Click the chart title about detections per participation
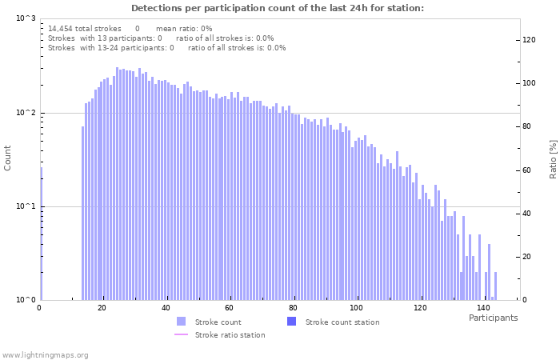click(x=278, y=8)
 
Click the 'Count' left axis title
click(x=8, y=158)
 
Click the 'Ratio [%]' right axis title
click(x=552, y=158)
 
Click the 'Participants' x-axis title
click(x=493, y=318)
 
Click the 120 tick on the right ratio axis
click(x=529, y=39)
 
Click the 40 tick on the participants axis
click(x=166, y=307)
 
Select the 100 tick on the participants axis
click(x=356, y=307)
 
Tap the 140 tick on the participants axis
click(x=483, y=307)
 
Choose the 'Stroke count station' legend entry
click(x=342, y=322)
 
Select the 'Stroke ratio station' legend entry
click(x=230, y=334)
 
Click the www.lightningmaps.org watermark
click(x=45, y=354)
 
